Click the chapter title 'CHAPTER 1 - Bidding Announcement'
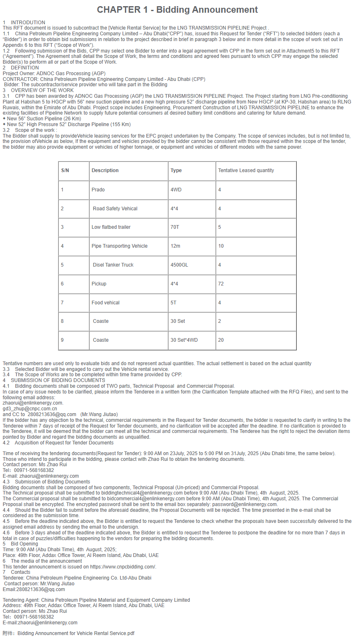[x=178, y=10]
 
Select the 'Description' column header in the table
[x=105, y=170]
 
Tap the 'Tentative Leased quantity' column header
[x=246, y=170]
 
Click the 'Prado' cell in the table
[x=98, y=190]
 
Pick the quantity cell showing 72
[x=221, y=284]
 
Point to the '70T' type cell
[x=175, y=227]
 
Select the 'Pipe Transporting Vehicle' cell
[x=119, y=246]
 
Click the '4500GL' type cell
[x=179, y=265]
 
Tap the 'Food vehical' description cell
[x=106, y=303]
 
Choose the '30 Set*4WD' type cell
[x=184, y=340]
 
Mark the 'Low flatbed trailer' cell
[x=111, y=227]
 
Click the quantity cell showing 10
[x=221, y=246]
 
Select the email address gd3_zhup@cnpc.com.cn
[x=30, y=409]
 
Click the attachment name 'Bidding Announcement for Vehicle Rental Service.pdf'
[x=76, y=633]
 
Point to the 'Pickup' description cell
[x=99, y=284]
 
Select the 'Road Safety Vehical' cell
[x=115, y=209]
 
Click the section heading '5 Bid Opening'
[x=24, y=544]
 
